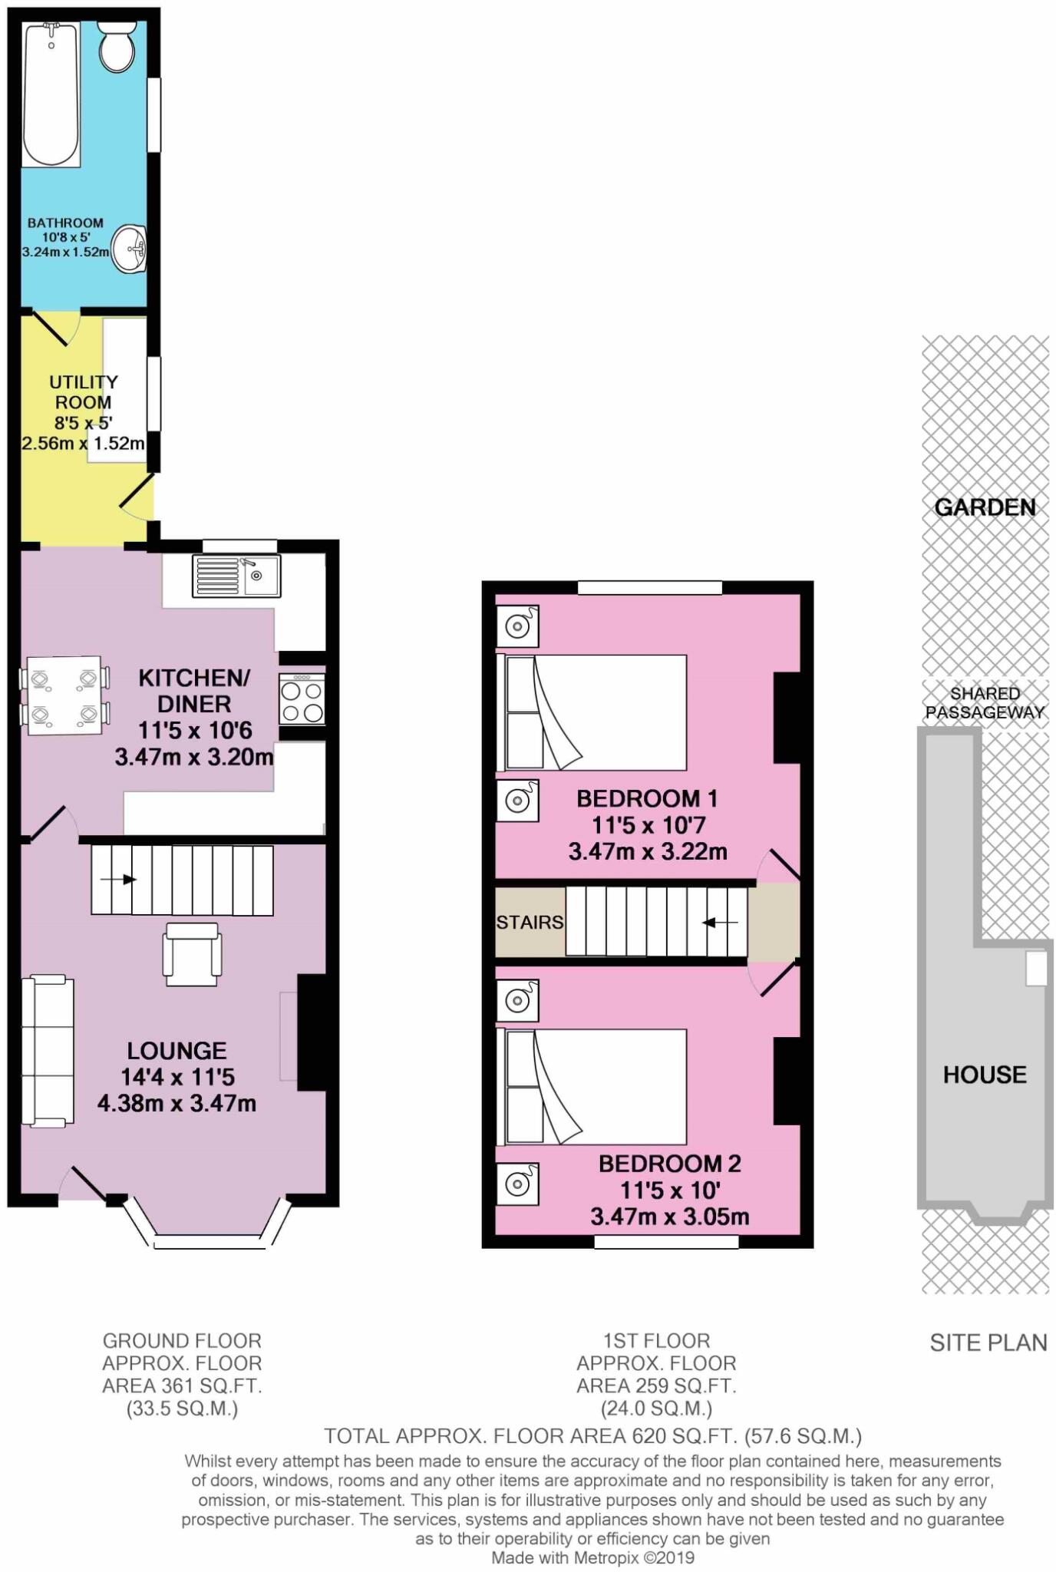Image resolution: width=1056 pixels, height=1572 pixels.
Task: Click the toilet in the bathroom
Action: tap(117, 45)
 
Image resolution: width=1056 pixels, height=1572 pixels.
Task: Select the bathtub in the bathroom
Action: tap(51, 94)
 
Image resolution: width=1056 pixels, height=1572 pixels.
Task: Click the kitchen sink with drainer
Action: tap(236, 576)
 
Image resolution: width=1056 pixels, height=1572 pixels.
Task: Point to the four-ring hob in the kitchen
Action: tap(302, 698)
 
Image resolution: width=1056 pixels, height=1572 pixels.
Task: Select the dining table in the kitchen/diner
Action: tap(65, 695)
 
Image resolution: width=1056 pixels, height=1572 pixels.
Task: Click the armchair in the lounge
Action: tap(192, 954)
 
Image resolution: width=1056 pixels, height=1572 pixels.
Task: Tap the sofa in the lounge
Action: tap(48, 1051)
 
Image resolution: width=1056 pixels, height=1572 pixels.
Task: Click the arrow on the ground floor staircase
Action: tap(118, 880)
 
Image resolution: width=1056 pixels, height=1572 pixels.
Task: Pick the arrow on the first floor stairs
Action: tap(721, 922)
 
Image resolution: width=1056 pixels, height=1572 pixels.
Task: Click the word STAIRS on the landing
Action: tap(530, 922)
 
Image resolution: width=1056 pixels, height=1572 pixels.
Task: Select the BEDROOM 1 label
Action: tap(647, 798)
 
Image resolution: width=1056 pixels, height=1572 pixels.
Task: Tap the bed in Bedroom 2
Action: tap(592, 1087)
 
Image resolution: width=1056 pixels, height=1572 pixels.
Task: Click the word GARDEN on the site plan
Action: tap(985, 507)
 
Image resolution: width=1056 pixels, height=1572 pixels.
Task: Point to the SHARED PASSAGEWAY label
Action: tap(985, 703)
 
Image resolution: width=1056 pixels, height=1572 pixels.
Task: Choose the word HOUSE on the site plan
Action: tap(985, 1074)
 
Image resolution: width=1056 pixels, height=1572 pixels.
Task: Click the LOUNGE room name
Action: tap(177, 1051)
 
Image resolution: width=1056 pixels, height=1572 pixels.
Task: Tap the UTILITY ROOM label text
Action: tap(84, 391)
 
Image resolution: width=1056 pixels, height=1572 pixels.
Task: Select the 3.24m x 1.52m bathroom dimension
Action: tap(65, 251)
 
